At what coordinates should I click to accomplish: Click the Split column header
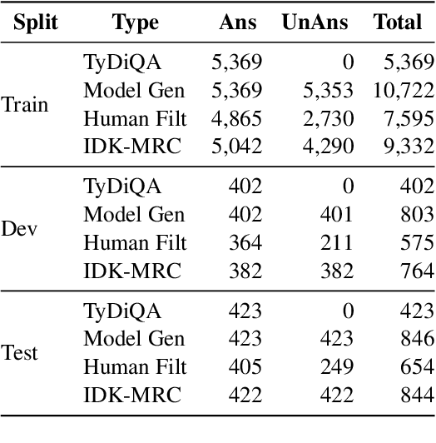35,22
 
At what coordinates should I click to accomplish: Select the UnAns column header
317,22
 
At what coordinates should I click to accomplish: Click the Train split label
25,105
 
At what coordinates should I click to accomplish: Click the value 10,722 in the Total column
403,90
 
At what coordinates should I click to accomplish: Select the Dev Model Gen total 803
416,214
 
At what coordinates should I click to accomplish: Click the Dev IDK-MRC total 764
416,271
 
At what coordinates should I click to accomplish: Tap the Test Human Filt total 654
416,366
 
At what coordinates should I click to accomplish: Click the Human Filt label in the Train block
135,118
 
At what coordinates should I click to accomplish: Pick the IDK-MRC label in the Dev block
131,271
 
